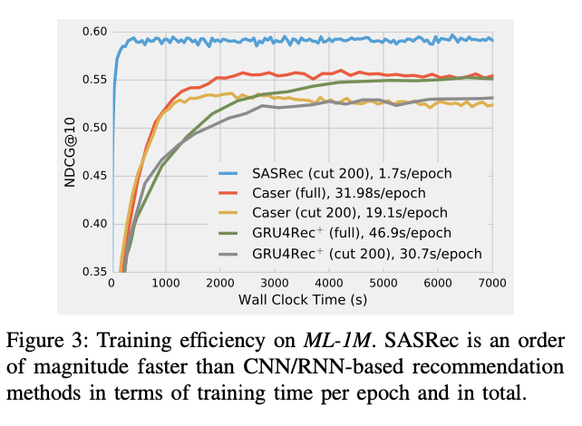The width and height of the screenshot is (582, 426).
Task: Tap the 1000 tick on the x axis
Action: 165,284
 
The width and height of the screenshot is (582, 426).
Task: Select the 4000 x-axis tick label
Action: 330,284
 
